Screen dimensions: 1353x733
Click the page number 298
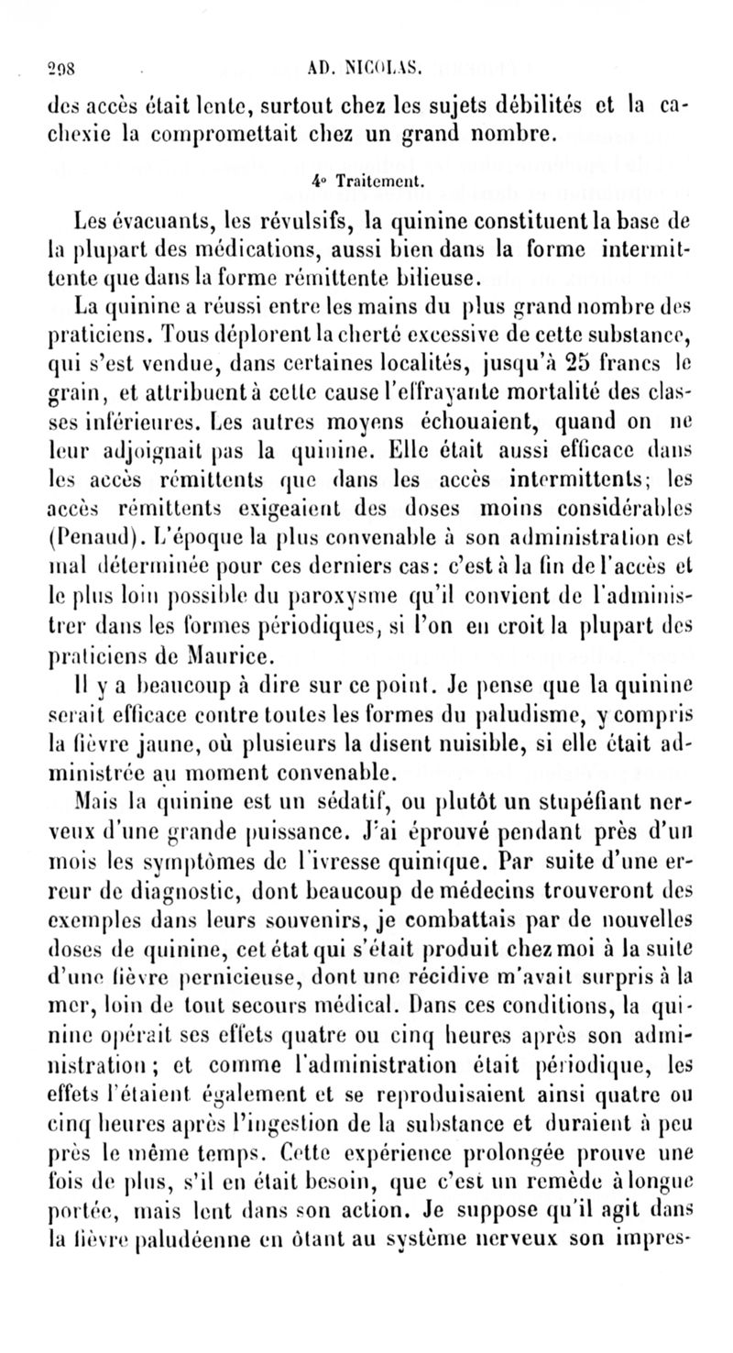coord(36,65)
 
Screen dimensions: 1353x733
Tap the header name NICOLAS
coord(385,65)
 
